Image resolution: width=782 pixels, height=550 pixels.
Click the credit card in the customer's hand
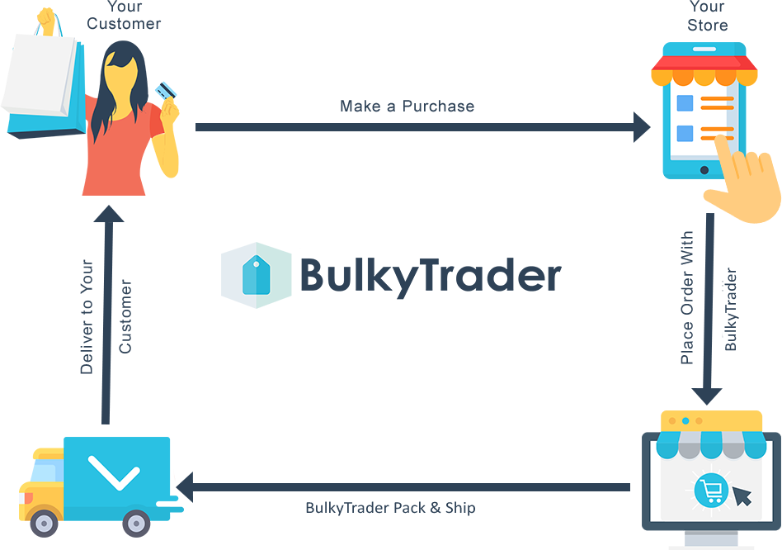[166, 90]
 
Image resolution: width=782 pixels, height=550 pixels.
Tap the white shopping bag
[40, 75]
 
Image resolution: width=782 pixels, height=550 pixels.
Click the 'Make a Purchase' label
[407, 107]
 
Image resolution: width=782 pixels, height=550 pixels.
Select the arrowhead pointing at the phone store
[642, 127]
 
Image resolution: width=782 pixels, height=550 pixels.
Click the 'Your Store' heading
[707, 16]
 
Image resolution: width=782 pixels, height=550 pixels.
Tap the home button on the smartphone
[704, 170]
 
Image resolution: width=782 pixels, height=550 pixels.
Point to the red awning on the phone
[704, 63]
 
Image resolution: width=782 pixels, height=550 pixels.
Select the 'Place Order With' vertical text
[687, 297]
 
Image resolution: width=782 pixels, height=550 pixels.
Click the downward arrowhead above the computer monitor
[707, 396]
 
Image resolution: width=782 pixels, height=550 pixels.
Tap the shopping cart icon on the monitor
[711, 491]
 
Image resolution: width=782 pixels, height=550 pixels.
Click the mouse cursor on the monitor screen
[742, 495]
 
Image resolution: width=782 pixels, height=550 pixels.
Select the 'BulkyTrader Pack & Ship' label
[390, 508]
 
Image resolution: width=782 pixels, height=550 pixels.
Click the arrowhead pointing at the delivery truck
[185, 487]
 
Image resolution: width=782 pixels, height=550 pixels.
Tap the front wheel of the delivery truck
[45, 524]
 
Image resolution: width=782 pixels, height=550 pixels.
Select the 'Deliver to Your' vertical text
[87, 317]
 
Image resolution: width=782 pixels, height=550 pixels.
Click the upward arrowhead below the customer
[109, 213]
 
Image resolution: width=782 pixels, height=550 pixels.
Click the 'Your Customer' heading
[125, 16]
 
